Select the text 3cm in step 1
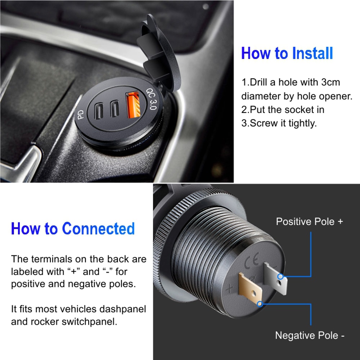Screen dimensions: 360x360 [330, 82]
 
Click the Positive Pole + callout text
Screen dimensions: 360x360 [309, 221]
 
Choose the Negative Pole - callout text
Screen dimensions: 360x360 [310, 336]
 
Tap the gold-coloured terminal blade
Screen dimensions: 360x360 [250, 288]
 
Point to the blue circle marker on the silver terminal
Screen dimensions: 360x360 [280, 276]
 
